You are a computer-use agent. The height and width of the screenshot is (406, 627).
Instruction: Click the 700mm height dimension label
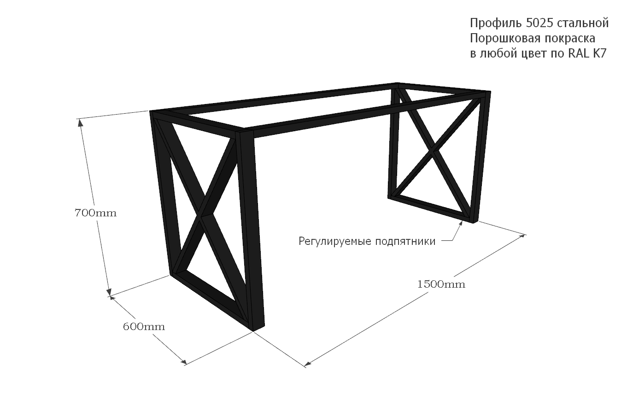[95, 213]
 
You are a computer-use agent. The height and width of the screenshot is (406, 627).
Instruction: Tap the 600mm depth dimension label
[144, 327]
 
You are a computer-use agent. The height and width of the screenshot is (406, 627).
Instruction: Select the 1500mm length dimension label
[441, 284]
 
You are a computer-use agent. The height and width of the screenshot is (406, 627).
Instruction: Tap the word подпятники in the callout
[405, 241]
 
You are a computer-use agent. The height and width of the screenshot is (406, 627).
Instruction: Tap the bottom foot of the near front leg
[258, 328]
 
